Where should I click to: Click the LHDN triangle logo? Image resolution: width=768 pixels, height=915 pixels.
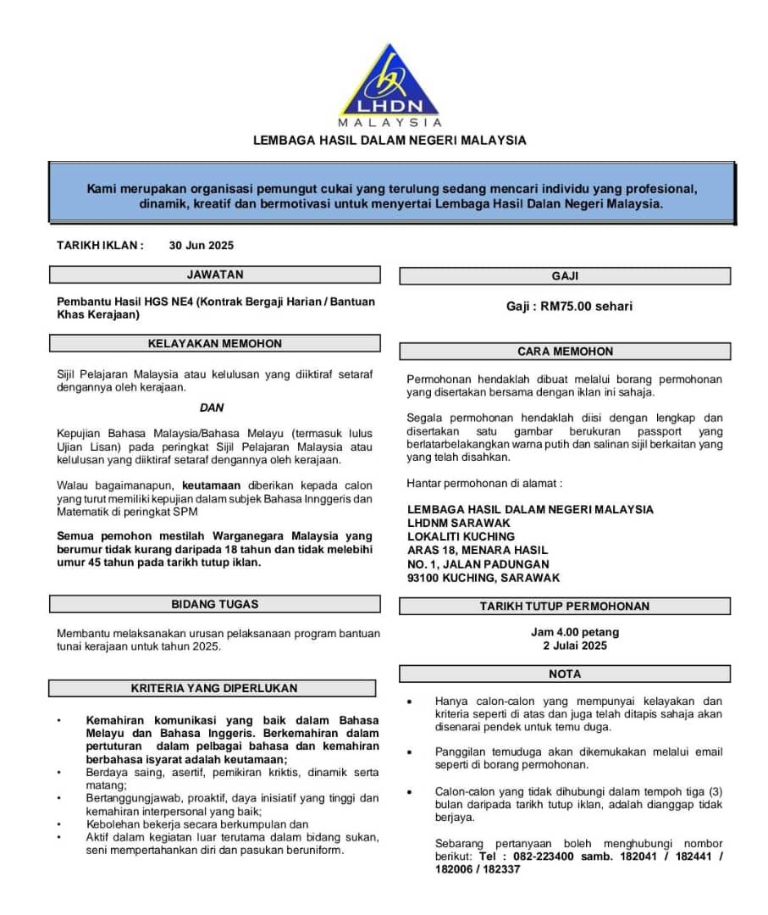click(x=390, y=83)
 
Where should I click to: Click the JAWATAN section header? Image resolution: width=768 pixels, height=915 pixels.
click(x=214, y=274)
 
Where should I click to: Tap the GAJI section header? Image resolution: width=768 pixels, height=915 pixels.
click(x=565, y=276)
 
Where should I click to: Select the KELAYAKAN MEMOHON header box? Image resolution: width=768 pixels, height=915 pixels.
click(x=214, y=343)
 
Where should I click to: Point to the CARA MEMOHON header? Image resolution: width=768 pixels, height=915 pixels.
click(x=565, y=351)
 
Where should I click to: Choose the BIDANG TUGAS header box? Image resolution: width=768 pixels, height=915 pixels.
click(x=214, y=604)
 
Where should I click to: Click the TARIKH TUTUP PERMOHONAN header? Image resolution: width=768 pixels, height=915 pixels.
click(x=565, y=606)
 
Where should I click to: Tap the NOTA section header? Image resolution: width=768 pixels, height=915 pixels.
click(x=565, y=674)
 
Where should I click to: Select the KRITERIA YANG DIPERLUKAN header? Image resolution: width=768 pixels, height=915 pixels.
click(x=214, y=688)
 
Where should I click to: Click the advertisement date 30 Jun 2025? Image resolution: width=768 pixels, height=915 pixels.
click(x=201, y=246)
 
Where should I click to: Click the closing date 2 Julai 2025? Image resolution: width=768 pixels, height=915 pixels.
click(x=575, y=646)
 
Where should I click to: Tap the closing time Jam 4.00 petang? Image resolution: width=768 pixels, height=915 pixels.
click(x=575, y=632)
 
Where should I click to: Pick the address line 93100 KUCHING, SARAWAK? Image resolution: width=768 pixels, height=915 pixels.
click(x=483, y=578)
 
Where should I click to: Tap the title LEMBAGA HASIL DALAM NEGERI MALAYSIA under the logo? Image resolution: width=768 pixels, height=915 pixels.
click(x=390, y=140)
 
